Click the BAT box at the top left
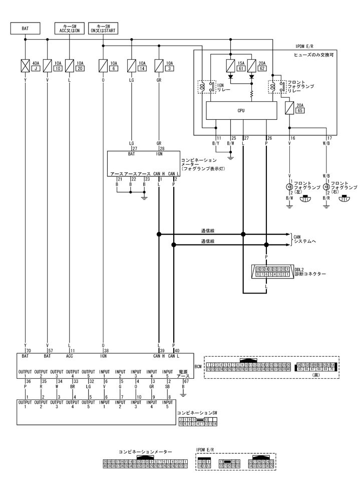tap(26, 29)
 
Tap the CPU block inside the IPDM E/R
tap(241, 111)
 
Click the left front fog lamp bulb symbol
tap(289, 187)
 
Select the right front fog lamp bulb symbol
tap(326, 187)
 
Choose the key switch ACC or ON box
tap(69, 29)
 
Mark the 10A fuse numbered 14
tap(132, 65)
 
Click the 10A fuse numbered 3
tap(160, 65)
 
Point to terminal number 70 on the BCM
tap(29, 351)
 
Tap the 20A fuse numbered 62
tap(252, 65)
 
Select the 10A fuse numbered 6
tap(103, 65)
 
